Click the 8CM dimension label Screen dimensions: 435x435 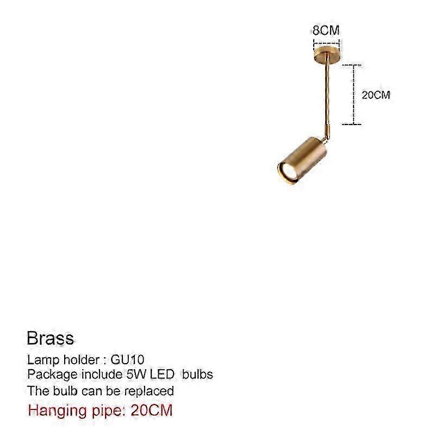tap(326, 30)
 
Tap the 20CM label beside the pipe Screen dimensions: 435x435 tap(376, 95)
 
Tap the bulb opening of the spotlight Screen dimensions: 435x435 tap(289, 173)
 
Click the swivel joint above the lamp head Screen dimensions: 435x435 tap(327, 133)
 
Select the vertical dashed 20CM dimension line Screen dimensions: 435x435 tap(354, 95)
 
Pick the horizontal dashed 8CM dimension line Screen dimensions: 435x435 tap(327, 43)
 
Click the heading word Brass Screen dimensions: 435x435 tap(50, 338)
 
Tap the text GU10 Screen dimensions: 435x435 tap(127, 360)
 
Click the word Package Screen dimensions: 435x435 tap(52, 375)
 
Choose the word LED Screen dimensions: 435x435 tap(162, 375)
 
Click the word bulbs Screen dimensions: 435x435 tap(197, 375)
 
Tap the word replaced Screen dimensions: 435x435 tap(149, 391)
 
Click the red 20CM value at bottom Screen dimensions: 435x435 tap(152, 411)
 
